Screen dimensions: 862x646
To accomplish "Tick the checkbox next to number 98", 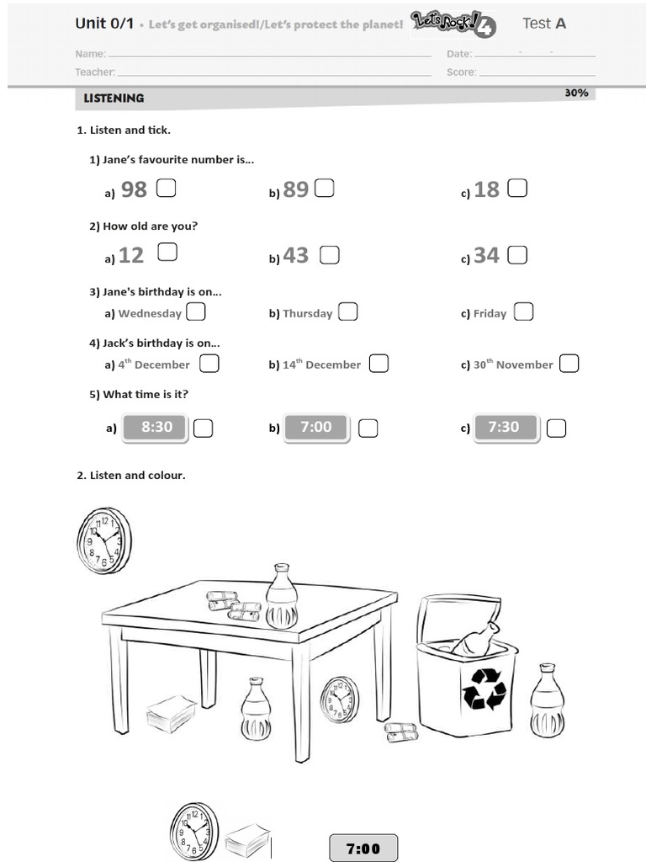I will tap(166, 188).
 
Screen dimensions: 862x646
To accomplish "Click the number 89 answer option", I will tap(295, 189).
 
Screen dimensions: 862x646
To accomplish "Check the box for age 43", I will tap(329, 254).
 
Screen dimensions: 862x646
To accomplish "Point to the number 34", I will tap(486, 255).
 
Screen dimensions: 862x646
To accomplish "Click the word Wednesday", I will tap(150, 313).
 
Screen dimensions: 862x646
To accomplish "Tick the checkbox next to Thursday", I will tap(347, 312).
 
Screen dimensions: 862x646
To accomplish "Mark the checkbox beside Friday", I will tap(523, 312).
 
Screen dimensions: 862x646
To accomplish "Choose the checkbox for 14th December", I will tap(379, 364).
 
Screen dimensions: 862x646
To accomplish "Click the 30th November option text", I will tap(513, 364).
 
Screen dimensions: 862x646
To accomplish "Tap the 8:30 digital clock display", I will tap(156, 428).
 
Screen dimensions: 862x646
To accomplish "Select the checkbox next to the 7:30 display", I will tap(556, 428).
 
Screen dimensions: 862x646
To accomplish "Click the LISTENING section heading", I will tap(114, 98).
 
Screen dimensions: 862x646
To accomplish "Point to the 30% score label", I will tap(576, 93).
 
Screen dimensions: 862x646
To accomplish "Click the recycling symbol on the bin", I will tap(484, 688).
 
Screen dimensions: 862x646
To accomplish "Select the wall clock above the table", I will tap(104, 540).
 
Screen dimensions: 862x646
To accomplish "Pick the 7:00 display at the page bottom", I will tap(363, 848).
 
